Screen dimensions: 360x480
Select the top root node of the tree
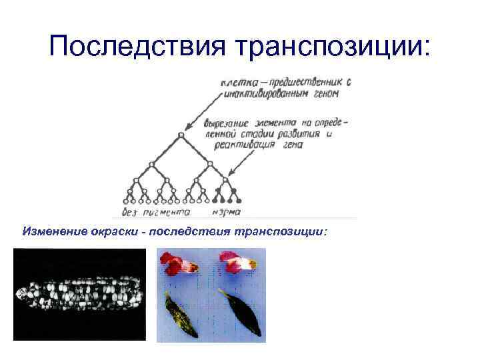(181, 134)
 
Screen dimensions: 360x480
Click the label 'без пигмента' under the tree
(156, 212)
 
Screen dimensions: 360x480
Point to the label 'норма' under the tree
(227, 212)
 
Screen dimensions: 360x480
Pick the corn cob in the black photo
(79, 294)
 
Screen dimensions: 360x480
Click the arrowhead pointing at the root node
(187, 127)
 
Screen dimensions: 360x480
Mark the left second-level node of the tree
(152, 163)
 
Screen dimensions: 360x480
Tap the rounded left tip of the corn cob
(21, 293)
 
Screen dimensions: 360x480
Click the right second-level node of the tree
(210, 163)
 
